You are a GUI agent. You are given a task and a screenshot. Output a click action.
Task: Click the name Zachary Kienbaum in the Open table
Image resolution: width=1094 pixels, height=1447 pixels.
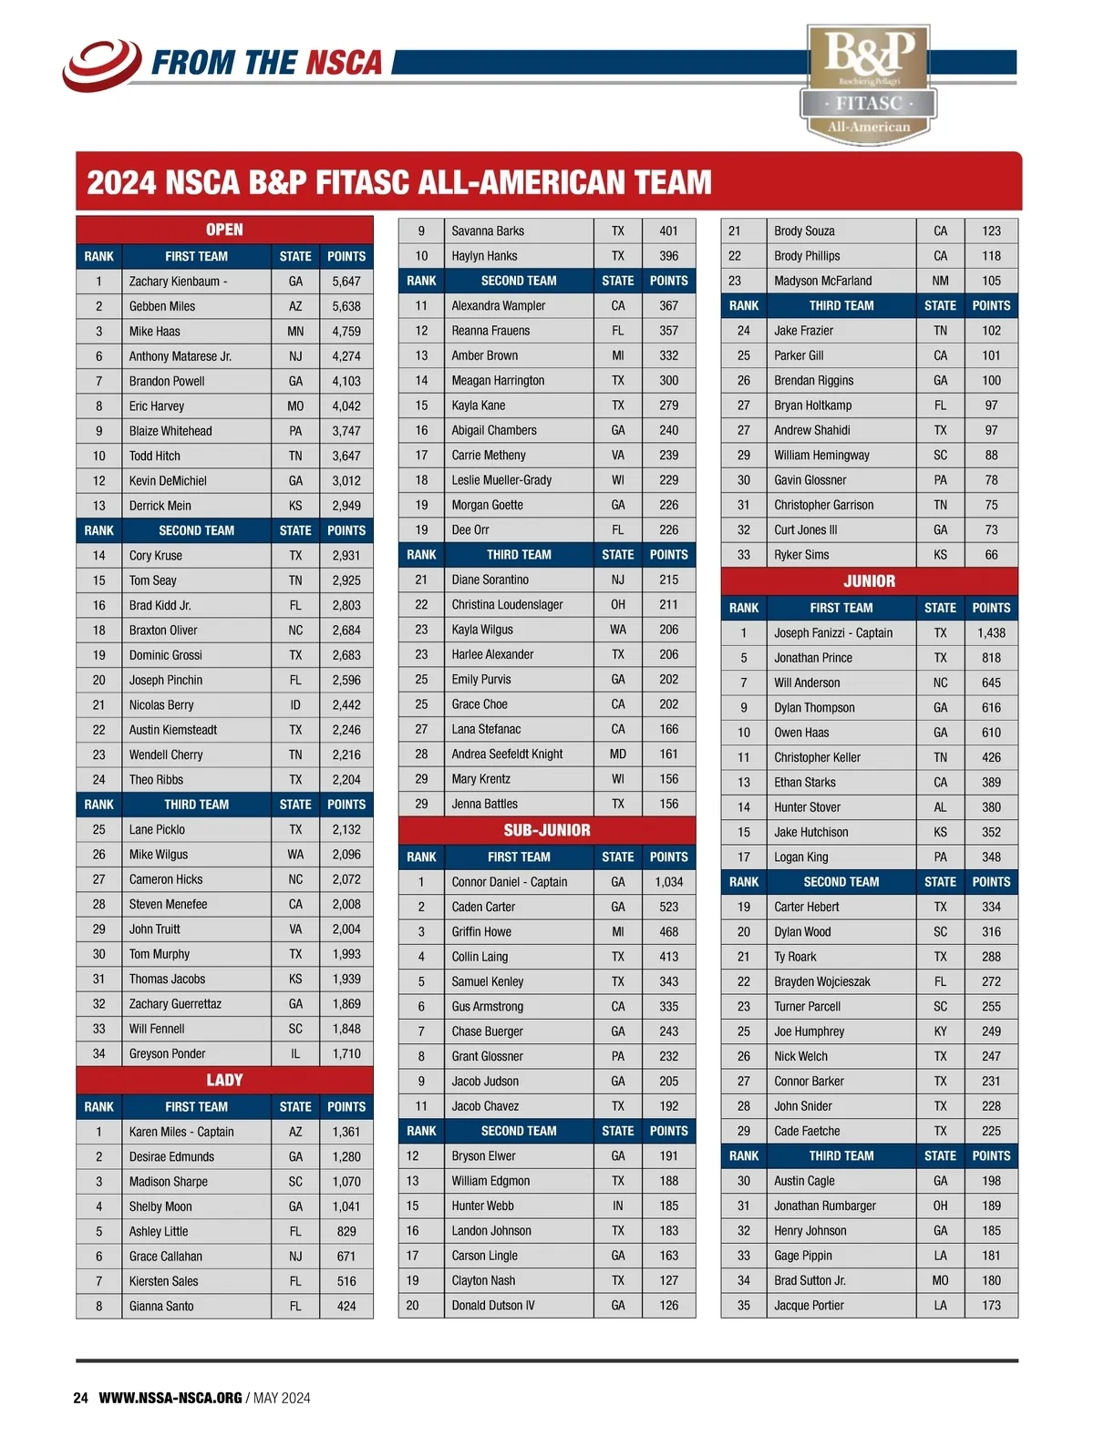coord(174,282)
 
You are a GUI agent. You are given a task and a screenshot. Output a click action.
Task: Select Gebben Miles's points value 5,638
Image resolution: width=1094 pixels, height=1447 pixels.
coord(346,307)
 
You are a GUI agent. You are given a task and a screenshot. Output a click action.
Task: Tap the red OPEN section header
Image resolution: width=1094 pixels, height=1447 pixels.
coord(224,230)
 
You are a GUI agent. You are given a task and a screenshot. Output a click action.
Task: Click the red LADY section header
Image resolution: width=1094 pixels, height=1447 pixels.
coord(224,1081)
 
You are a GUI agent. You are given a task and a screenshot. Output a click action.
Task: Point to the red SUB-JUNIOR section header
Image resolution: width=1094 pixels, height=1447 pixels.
coord(547,830)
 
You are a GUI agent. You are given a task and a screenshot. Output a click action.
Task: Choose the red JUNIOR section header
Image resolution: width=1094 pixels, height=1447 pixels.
coord(869,581)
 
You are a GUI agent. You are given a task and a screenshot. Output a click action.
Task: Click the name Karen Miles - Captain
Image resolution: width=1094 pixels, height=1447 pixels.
coord(181,1132)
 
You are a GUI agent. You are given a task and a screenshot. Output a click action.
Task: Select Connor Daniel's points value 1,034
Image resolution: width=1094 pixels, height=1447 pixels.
coord(668,882)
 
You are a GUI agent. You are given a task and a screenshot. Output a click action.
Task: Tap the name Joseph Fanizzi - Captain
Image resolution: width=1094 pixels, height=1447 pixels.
coord(833,633)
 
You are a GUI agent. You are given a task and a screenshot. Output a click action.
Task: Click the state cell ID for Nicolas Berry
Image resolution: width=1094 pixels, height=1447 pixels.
coord(295,705)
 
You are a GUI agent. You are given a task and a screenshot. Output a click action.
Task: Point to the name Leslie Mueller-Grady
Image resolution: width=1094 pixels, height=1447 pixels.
coord(501,480)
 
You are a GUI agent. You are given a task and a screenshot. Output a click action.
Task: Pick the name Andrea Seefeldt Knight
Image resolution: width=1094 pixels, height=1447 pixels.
coord(507,754)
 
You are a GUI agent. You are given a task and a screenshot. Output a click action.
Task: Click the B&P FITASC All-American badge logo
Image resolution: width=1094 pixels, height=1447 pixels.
coord(869,84)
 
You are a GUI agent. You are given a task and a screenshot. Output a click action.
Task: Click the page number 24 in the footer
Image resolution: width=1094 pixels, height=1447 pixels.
coord(80,1398)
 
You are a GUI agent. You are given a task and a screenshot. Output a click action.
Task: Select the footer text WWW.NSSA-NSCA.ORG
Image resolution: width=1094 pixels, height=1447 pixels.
coord(170,1398)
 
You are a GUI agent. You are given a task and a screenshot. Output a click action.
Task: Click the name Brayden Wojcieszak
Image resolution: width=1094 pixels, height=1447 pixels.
coord(822,982)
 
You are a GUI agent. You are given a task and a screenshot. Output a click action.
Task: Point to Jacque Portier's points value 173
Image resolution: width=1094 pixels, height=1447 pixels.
coord(991,1306)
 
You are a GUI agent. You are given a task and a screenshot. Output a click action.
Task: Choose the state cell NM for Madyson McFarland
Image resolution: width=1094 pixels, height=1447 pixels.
coord(940,281)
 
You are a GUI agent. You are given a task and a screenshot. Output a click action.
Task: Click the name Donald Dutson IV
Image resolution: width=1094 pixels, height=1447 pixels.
coord(493,1306)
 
